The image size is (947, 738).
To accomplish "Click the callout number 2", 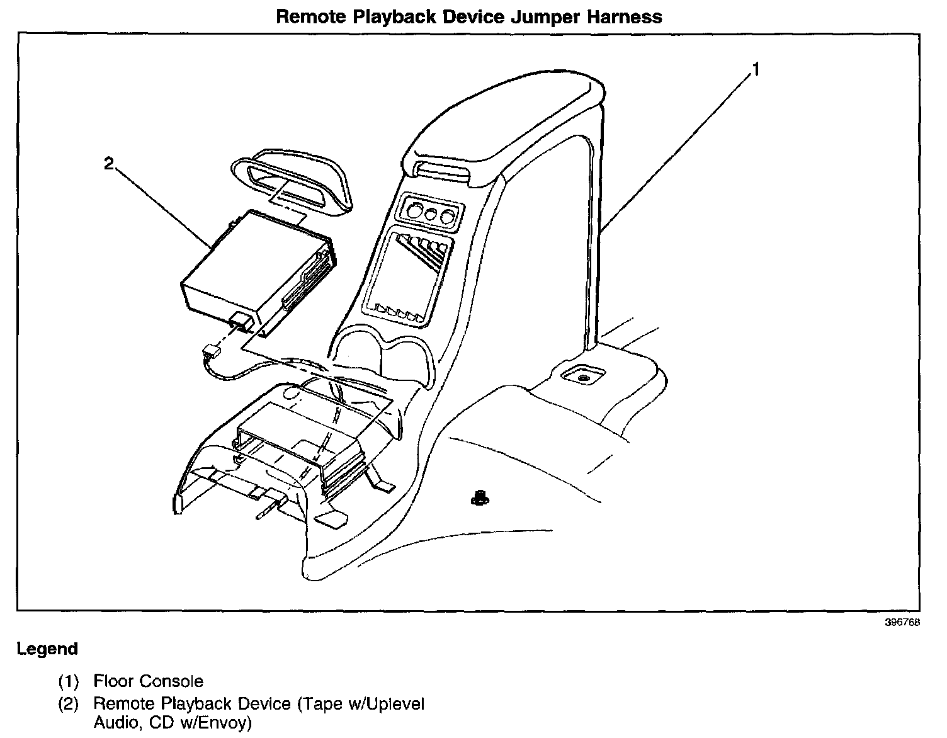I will click(109, 164).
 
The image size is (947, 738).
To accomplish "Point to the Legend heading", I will click(47, 649).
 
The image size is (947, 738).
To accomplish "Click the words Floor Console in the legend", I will click(148, 681).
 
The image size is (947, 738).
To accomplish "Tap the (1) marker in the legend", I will click(69, 681).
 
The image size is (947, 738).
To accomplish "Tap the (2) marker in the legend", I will click(69, 703).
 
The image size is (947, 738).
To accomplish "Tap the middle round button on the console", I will click(432, 215).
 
